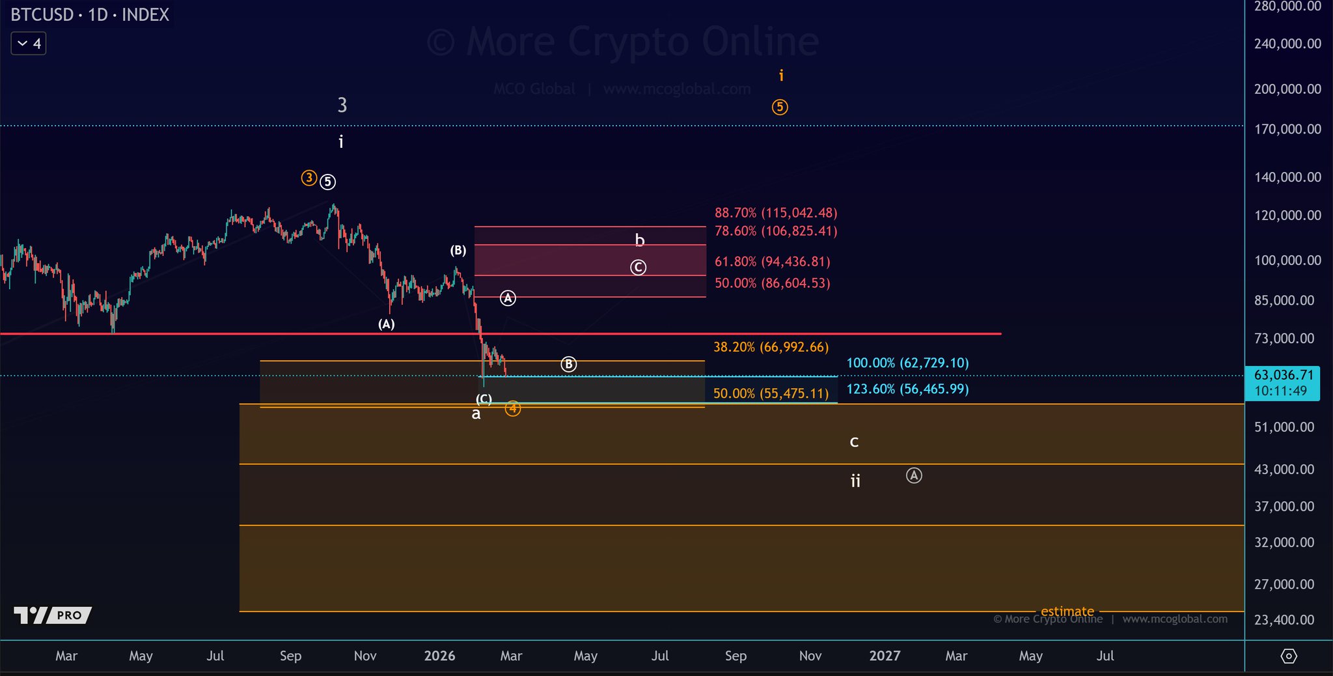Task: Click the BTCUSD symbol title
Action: click(90, 14)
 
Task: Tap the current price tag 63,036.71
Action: click(1282, 375)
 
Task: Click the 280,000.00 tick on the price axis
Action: click(1287, 7)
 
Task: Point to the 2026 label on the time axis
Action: click(439, 656)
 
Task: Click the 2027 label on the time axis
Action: click(885, 656)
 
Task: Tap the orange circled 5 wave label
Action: click(780, 107)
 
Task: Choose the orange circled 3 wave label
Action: click(309, 178)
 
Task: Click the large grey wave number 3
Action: click(342, 105)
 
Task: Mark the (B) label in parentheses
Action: click(458, 251)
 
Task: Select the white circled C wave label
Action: click(638, 267)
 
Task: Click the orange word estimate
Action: click(1067, 612)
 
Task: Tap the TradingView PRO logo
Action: click(53, 615)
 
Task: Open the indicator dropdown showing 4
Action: click(29, 44)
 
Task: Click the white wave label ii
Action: click(855, 481)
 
